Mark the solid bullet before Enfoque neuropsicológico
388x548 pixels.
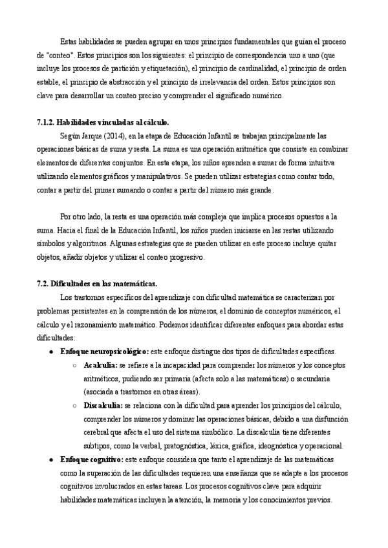pyautogui.click(x=51, y=352)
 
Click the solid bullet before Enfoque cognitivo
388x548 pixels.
pyautogui.click(x=51, y=459)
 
